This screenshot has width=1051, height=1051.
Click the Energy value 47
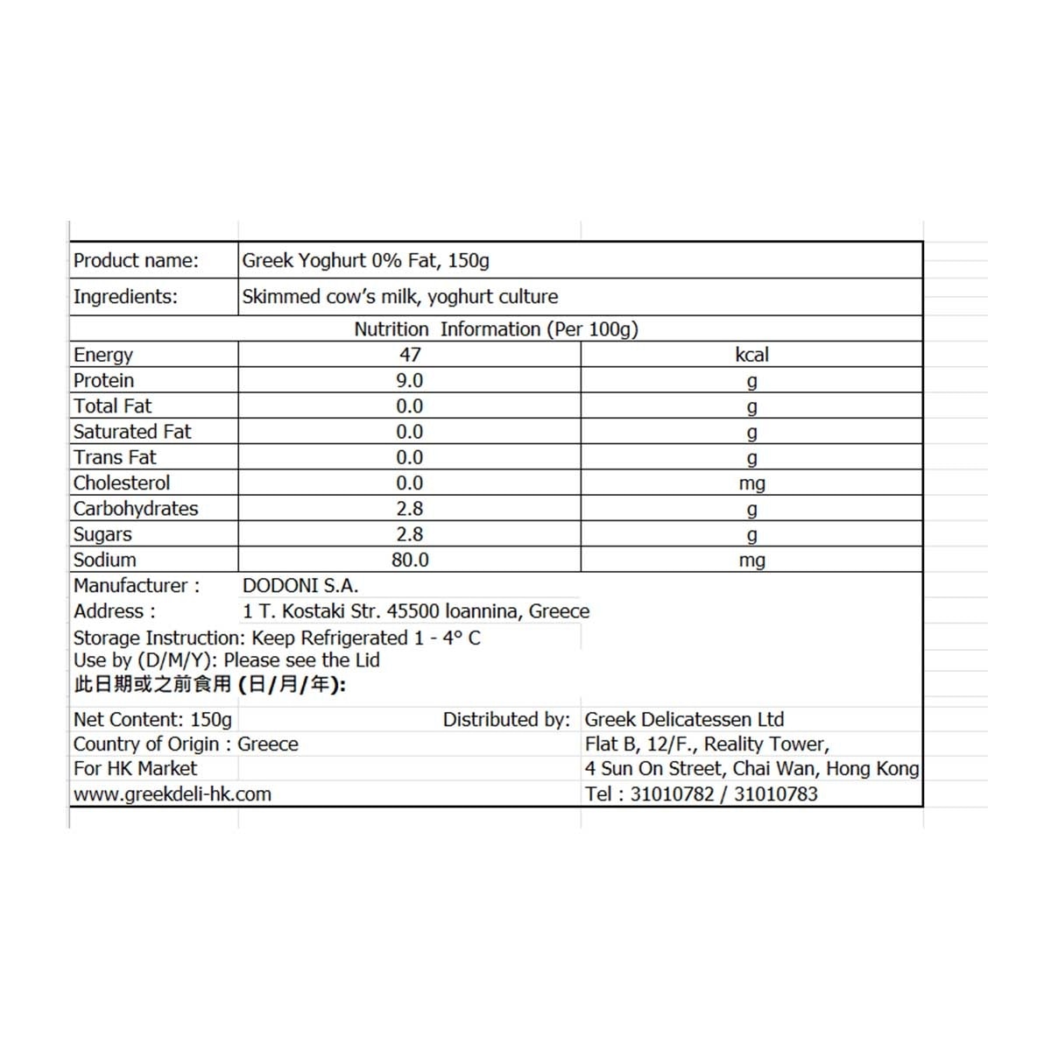pyautogui.click(x=410, y=355)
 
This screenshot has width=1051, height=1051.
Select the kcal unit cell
pyautogui.click(x=751, y=355)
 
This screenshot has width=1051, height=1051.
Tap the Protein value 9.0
pyautogui.click(x=410, y=380)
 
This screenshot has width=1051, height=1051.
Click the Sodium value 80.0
pyautogui.click(x=410, y=560)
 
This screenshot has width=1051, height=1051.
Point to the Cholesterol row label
pyautogui.click(x=122, y=483)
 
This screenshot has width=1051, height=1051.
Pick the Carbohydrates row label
pyautogui.click(x=136, y=508)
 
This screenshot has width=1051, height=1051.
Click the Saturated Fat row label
pyautogui.click(x=132, y=432)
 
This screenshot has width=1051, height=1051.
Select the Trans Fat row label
pyautogui.click(x=115, y=457)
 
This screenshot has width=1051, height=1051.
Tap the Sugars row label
pyautogui.click(x=102, y=534)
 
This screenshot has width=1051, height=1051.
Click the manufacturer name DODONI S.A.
pyautogui.click(x=300, y=585)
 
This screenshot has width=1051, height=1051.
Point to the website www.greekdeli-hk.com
pyautogui.click(x=173, y=794)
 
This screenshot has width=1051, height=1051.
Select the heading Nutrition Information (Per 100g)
pyautogui.click(x=496, y=329)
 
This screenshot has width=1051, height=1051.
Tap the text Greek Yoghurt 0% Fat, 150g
pyautogui.click(x=365, y=260)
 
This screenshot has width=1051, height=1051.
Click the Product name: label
pyautogui.click(x=136, y=260)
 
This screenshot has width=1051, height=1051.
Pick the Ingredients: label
pyautogui.click(x=125, y=297)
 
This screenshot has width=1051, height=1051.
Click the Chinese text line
pyautogui.click(x=210, y=684)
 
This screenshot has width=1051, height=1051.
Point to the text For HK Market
pyautogui.click(x=135, y=768)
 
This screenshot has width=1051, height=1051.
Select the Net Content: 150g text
pyautogui.click(x=152, y=719)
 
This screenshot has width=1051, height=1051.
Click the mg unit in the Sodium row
pyautogui.click(x=751, y=560)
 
